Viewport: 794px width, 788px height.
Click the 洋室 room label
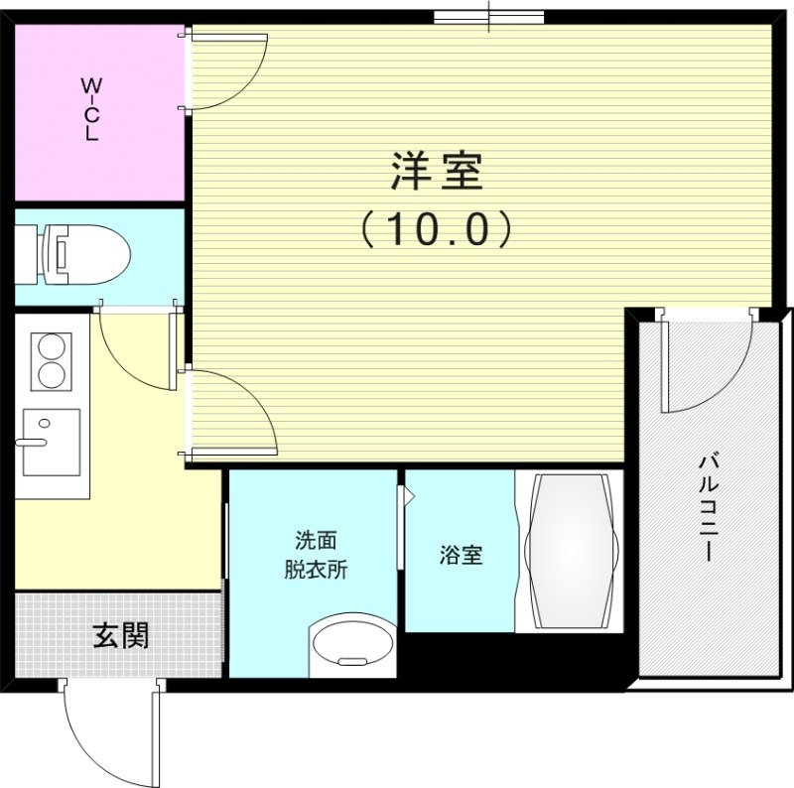click(x=436, y=172)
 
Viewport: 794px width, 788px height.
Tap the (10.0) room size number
click(x=436, y=229)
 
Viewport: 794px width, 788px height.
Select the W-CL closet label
click(x=90, y=110)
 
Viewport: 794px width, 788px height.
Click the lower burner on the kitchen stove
click(x=52, y=375)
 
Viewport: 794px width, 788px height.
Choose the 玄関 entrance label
click(x=120, y=635)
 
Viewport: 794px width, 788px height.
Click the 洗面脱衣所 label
click(x=316, y=555)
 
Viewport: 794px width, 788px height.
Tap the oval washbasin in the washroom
click(x=353, y=647)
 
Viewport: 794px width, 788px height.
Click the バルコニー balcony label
click(x=708, y=507)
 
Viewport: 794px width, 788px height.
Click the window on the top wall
click(x=489, y=17)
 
